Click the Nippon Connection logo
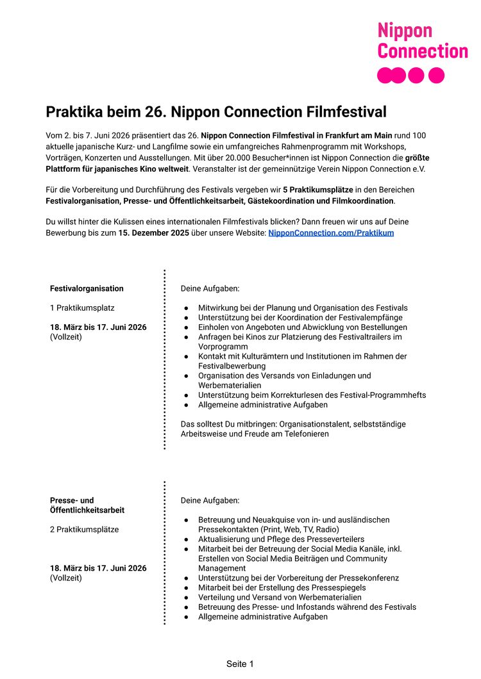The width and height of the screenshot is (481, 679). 422,52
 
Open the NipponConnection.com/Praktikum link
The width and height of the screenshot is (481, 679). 331,233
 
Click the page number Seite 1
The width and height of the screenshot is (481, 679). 240,664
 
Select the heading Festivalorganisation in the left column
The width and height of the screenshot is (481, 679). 87,288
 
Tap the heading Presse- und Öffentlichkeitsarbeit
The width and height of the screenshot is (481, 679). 87,505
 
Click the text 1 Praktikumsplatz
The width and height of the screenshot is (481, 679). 82,308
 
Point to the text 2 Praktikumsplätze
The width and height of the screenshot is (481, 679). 84,530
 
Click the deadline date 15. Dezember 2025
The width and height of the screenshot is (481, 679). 153,233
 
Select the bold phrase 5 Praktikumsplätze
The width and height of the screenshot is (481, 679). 317,190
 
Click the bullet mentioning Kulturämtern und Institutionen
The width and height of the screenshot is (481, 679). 302,356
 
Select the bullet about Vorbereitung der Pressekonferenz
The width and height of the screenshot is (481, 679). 298,578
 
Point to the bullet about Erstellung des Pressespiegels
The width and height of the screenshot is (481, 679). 282,587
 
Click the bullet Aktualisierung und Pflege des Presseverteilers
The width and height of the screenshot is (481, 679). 281,539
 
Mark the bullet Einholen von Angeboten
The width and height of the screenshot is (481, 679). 302,327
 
